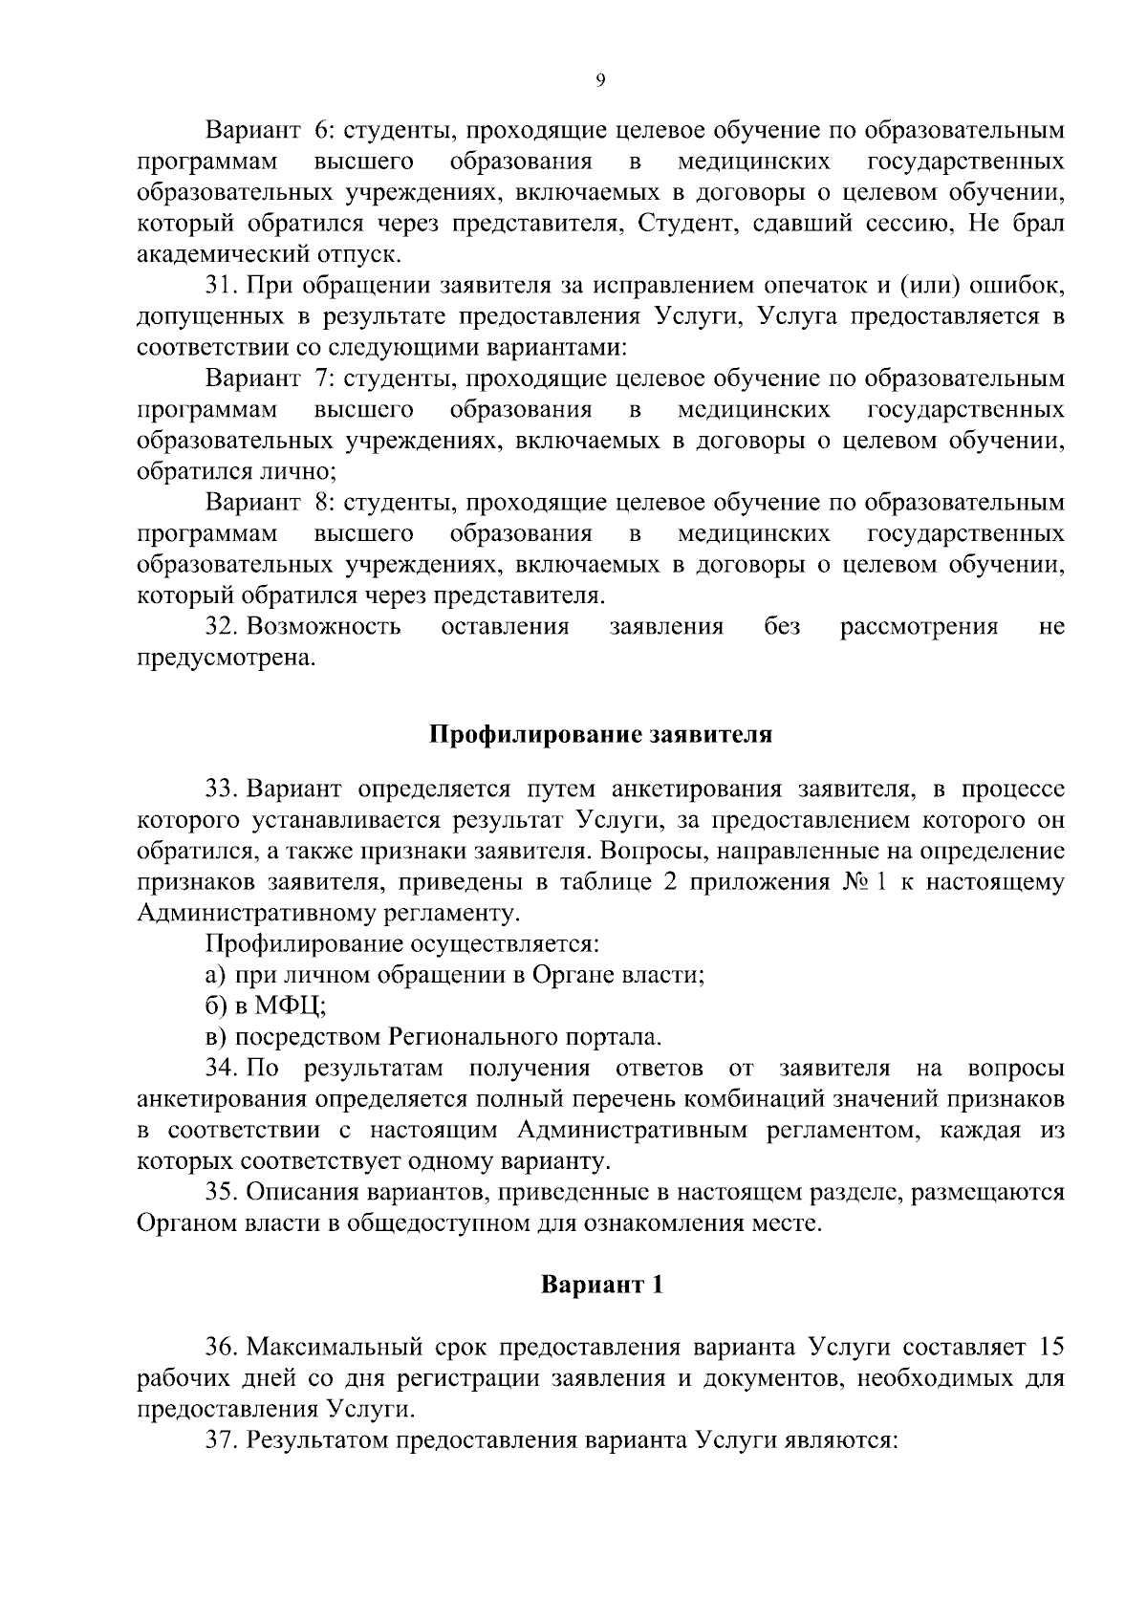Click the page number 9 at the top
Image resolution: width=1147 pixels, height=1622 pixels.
(x=599, y=82)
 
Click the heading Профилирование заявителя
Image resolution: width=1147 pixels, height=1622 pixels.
(x=599, y=735)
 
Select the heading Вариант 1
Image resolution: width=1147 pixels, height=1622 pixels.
(x=601, y=1285)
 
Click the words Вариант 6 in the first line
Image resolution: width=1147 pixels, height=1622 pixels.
(x=268, y=130)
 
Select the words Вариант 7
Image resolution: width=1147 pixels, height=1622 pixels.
(x=268, y=378)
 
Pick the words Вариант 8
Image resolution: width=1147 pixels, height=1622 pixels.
(x=268, y=503)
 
